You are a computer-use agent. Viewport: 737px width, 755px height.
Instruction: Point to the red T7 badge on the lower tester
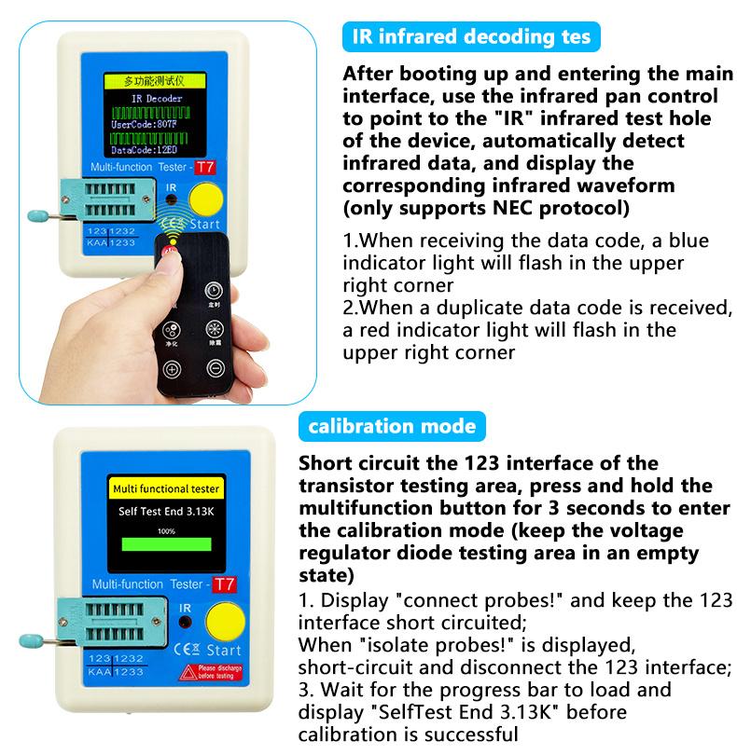click(x=223, y=585)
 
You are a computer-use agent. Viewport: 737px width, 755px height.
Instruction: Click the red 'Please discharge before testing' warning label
click(x=216, y=672)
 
